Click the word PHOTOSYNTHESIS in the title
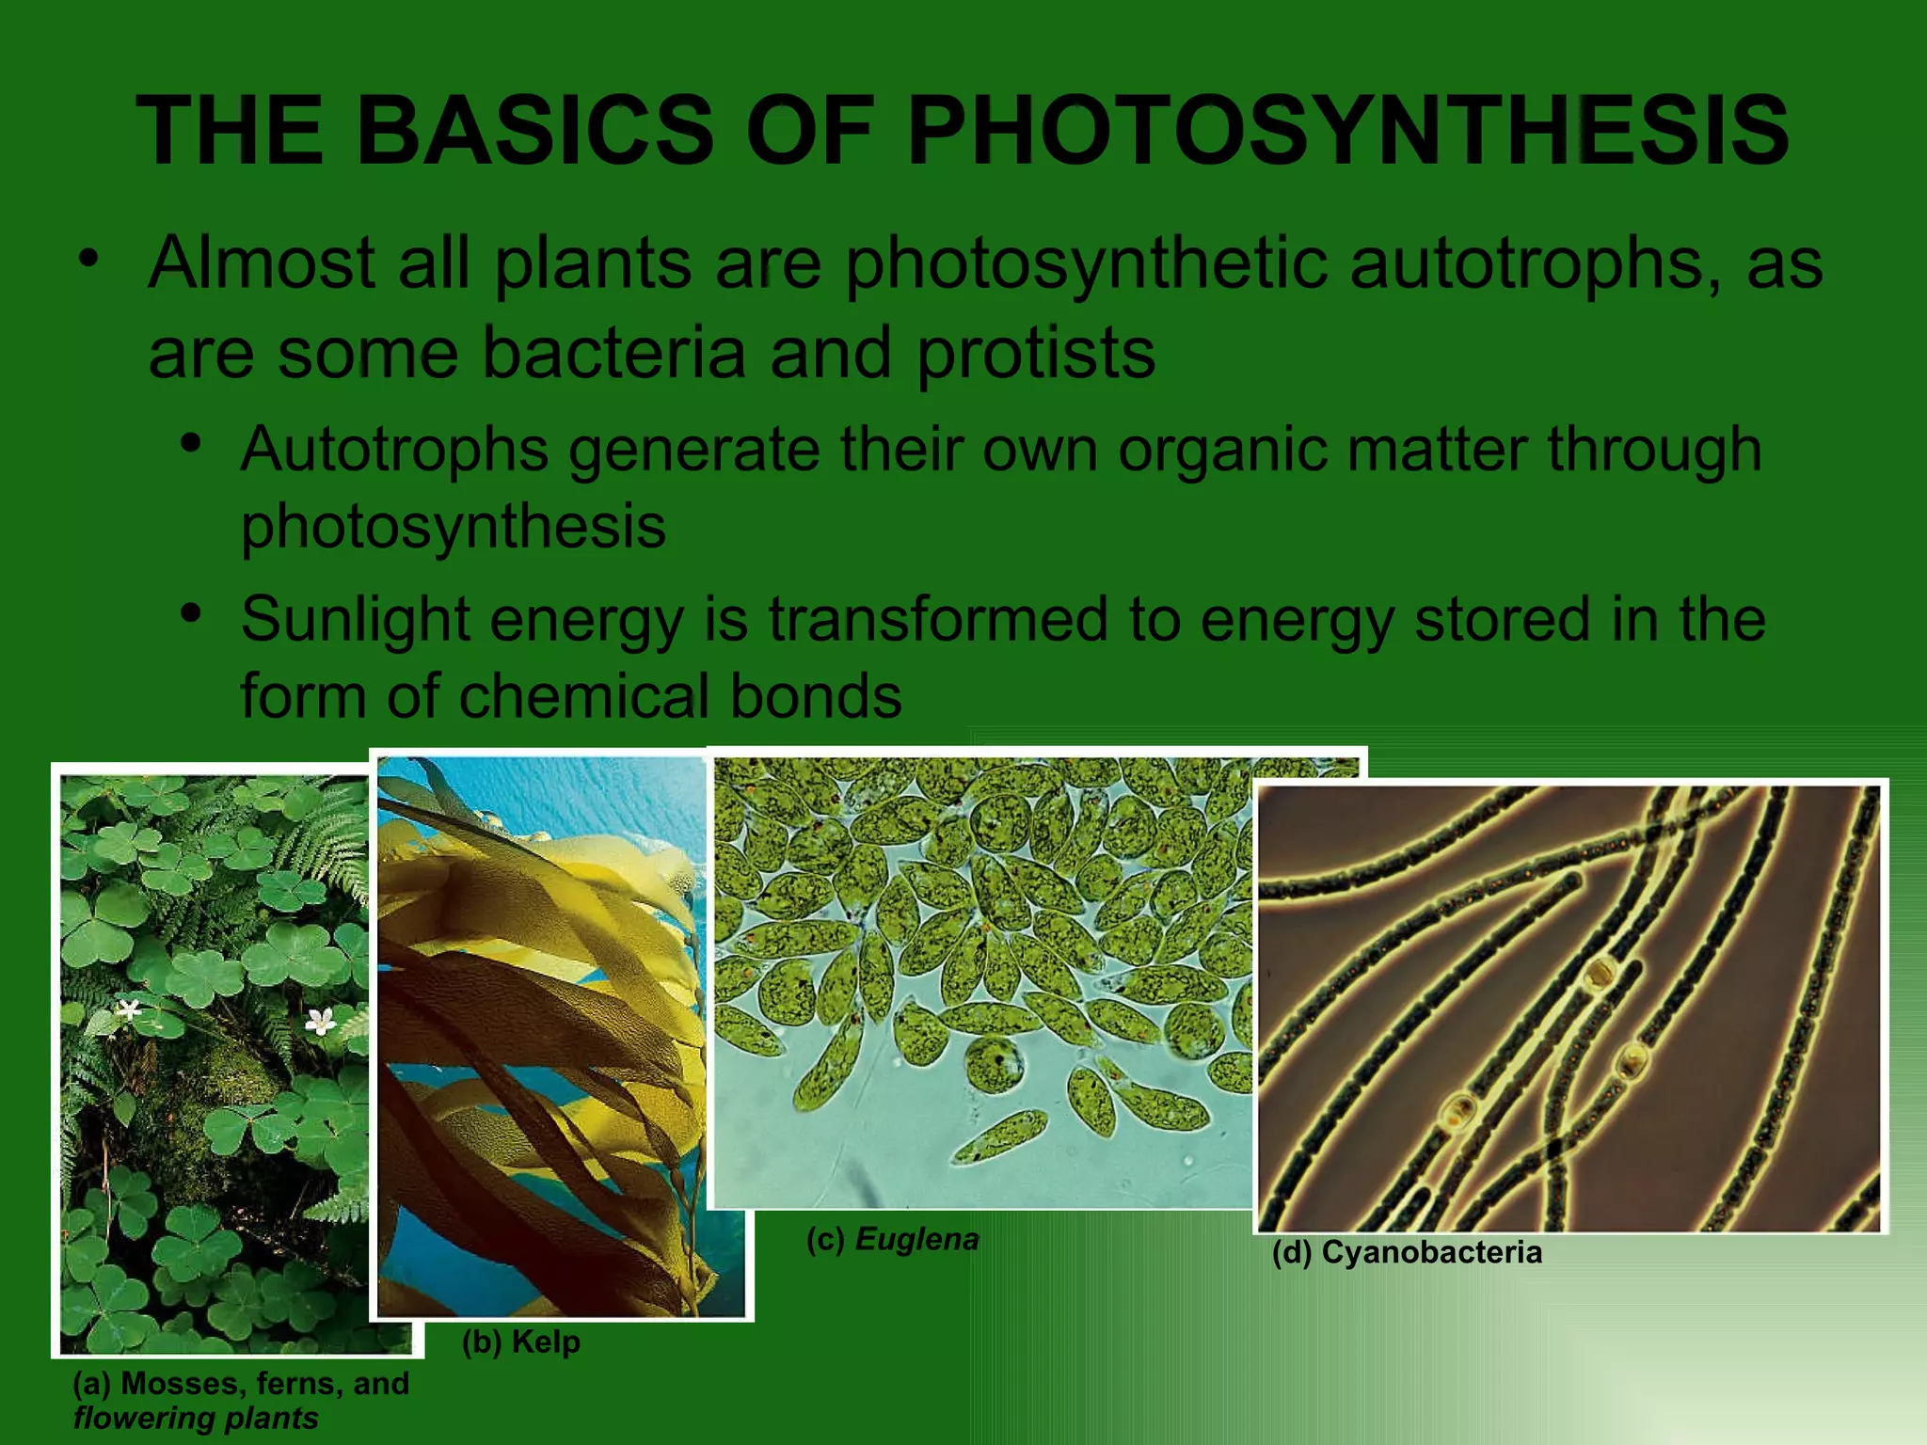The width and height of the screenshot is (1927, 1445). click(x=1347, y=132)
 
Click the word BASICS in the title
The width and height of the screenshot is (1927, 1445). click(x=534, y=132)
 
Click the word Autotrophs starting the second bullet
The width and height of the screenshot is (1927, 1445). click(x=394, y=450)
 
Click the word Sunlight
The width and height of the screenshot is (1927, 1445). click(x=356, y=621)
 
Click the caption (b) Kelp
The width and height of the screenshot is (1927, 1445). click(x=520, y=1342)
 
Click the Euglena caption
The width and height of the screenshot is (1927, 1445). click(x=893, y=1240)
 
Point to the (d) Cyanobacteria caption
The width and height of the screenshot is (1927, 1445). click(x=1407, y=1253)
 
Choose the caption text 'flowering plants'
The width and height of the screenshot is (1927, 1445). click(x=196, y=1419)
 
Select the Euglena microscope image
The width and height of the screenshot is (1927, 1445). click(x=979, y=978)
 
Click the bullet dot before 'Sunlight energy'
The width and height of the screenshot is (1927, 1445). click(x=191, y=613)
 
